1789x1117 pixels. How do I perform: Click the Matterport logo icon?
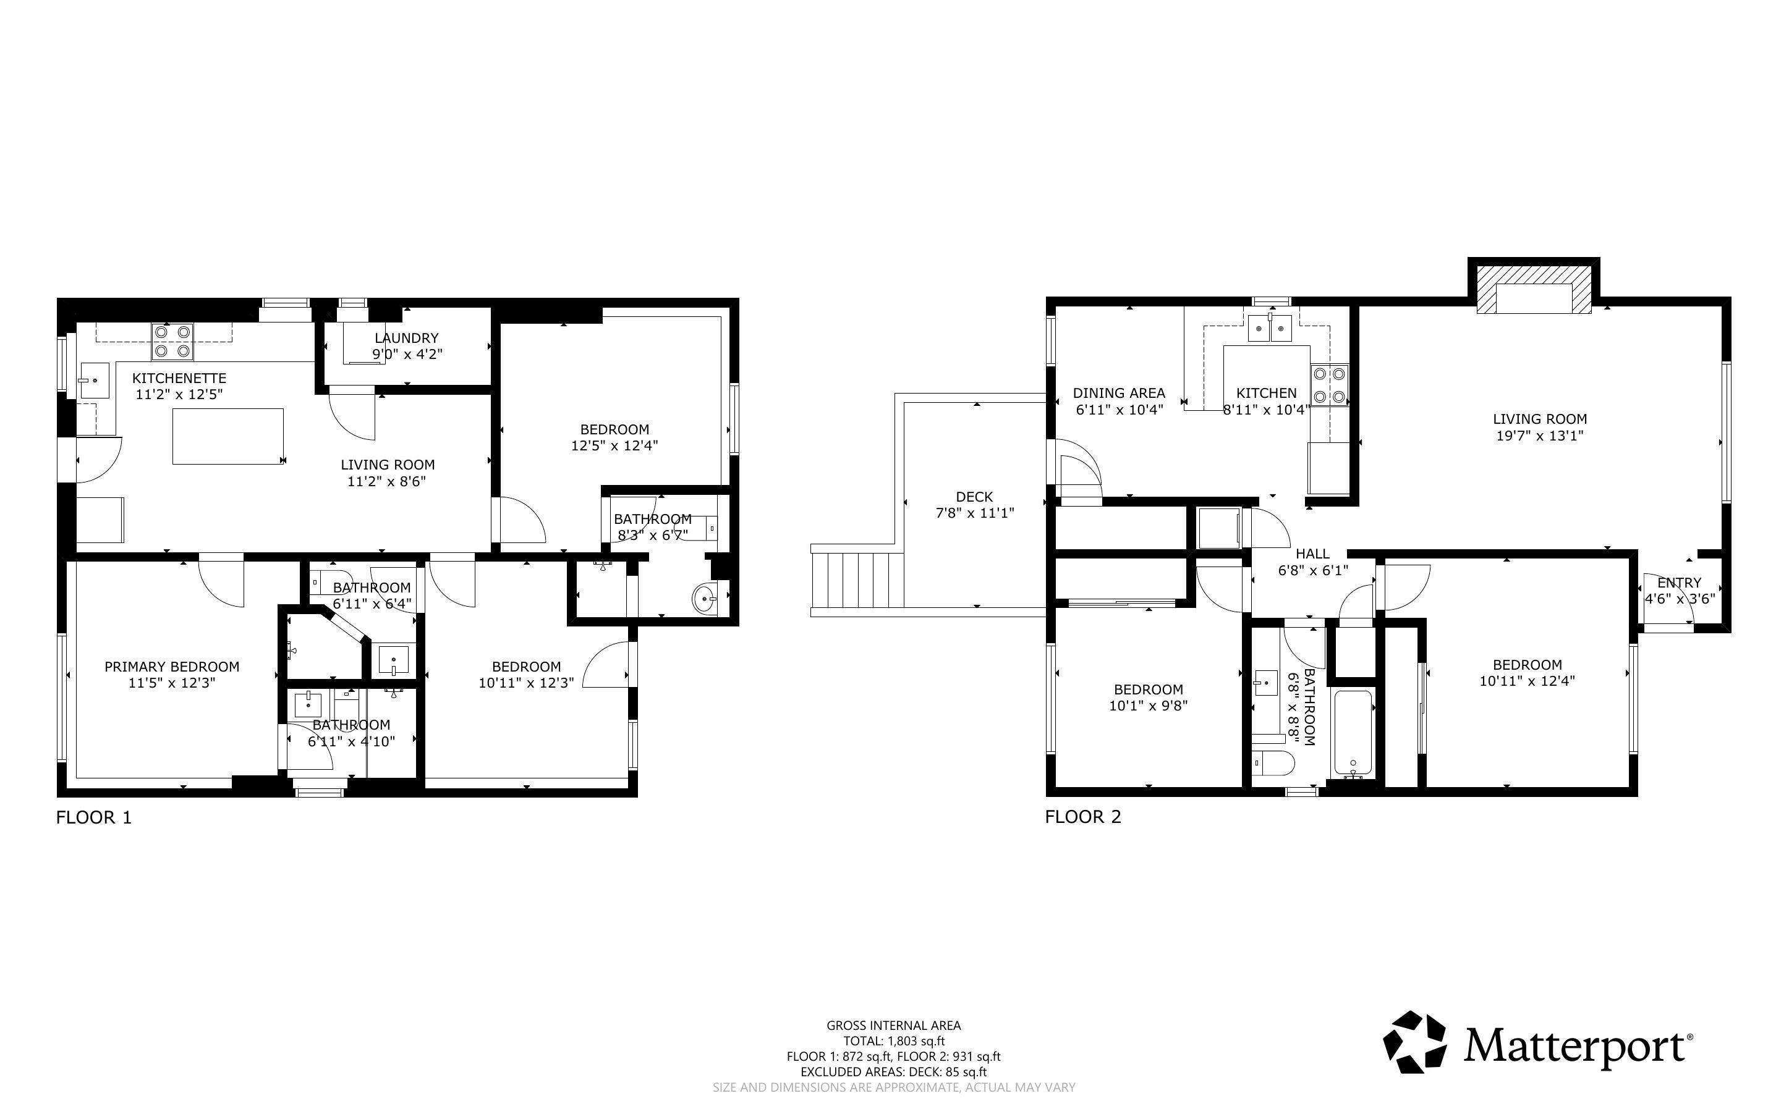pyautogui.click(x=1414, y=1042)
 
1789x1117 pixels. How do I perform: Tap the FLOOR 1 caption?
pyautogui.click(x=94, y=817)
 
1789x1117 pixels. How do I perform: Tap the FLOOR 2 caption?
pyautogui.click(x=1082, y=816)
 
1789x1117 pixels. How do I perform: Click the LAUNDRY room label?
pyautogui.click(x=406, y=337)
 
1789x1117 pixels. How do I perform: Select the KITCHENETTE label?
pyautogui.click(x=179, y=378)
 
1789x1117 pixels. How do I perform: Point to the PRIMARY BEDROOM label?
pyautogui.click(x=172, y=667)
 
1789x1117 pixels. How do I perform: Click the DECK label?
pyautogui.click(x=974, y=497)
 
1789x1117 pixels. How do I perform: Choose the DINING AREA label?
pyautogui.click(x=1119, y=393)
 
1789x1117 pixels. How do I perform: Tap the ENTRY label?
pyautogui.click(x=1679, y=582)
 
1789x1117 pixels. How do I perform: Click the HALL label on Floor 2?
pyautogui.click(x=1312, y=554)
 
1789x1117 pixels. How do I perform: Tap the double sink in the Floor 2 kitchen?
pyautogui.click(x=1270, y=328)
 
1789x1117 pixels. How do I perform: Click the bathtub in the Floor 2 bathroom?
pyautogui.click(x=1353, y=733)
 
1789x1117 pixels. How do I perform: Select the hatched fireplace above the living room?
pyautogui.click(x=1533, y=298)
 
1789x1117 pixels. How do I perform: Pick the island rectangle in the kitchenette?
pyautogui.click(x=228, y=436)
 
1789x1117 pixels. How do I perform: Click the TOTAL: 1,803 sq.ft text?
pyautogui.click(x=894, y=1041)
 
